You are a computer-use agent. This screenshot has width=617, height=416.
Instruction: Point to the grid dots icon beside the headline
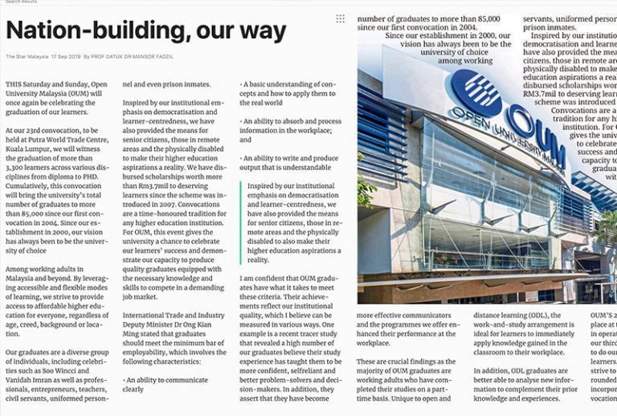pyautogui.click(x=341, y=18)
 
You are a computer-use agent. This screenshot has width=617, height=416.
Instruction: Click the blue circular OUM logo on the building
pyautogui.click(x=476, y=93)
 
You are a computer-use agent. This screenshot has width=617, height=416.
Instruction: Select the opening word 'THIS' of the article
pyautogui.click(x=14, y=84)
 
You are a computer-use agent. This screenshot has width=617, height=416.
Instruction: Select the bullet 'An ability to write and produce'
pyautogui.click(x=290, y=157)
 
